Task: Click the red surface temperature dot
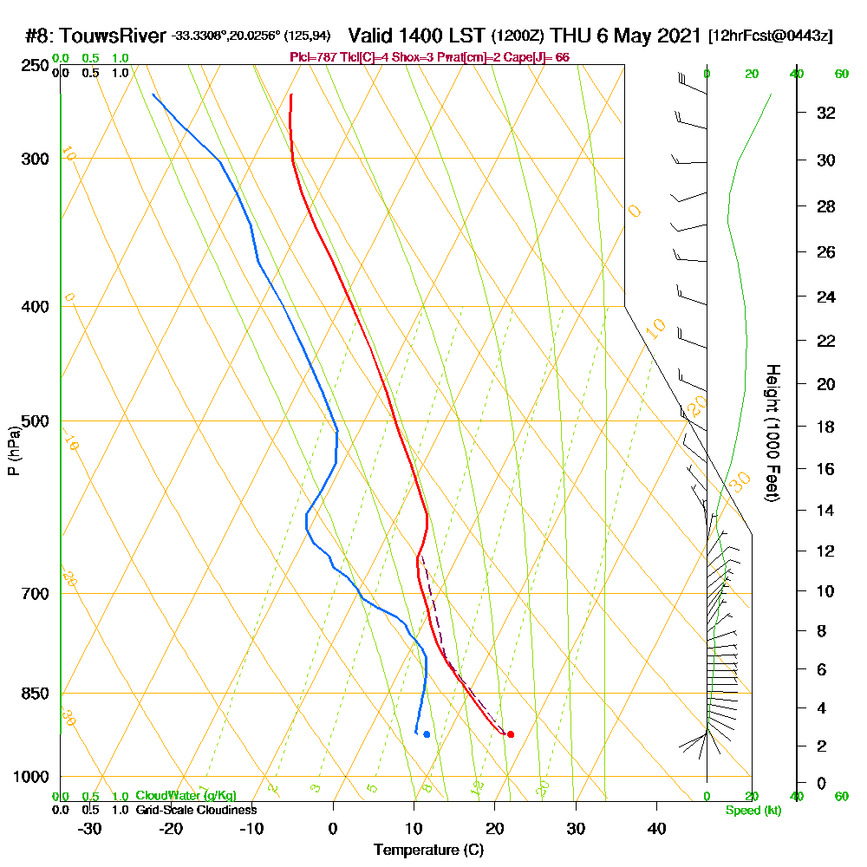pos(510,734)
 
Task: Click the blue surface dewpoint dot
pos(427,734)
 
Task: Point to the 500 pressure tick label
pos(36,421)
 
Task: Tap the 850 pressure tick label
pos(36,694)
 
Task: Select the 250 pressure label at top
pos(36,66)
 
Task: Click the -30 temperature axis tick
pos(90,828)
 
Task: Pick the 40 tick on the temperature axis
pos(657,828)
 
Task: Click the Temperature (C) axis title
pos(428,850)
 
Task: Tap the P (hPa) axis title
pos(13,450)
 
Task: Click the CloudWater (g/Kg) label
pos(186,796)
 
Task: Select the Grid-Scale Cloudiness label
pos(195,810)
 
